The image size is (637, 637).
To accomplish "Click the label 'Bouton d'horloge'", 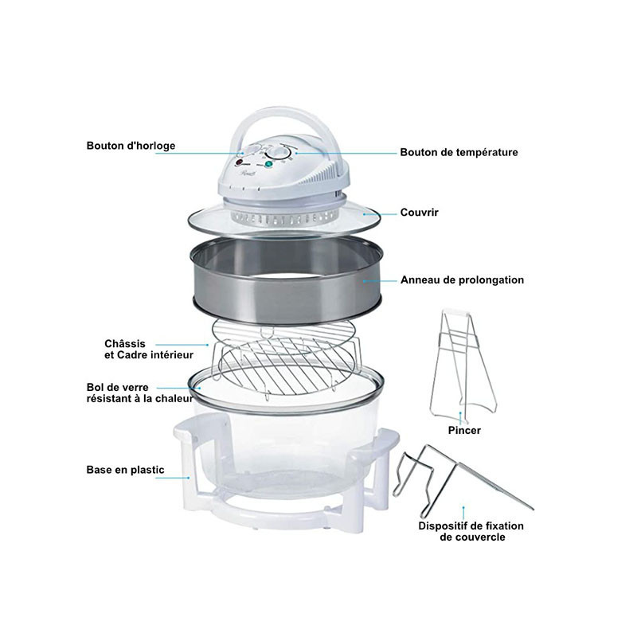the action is [131, 146].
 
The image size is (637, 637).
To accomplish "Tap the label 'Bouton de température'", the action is [459, 152].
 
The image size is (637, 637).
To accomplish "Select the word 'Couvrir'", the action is [420, 213].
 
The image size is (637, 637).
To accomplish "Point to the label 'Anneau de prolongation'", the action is [462, 280].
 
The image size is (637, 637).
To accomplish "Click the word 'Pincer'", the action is [464, 430].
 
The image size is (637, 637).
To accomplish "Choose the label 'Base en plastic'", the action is [126, 470].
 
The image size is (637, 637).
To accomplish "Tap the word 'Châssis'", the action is [125, 344].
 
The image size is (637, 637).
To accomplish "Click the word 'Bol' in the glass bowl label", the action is [95, 388].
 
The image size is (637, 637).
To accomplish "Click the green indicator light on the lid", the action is [268, 164].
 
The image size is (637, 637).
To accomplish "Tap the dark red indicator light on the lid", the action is [238, 163].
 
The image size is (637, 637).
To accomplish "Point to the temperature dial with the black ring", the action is [278, 154].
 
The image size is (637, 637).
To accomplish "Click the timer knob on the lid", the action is [252, 150].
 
